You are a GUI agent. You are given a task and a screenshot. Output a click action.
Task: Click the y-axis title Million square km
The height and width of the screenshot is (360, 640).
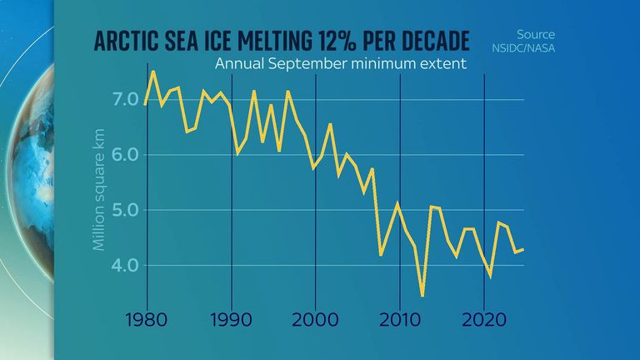click(x=99, y=195)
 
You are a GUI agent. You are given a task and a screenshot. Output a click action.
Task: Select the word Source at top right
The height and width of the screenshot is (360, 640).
click(x=536, y=35)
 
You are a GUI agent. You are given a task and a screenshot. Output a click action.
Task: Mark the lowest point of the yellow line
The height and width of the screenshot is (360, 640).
click(x=423, y=296)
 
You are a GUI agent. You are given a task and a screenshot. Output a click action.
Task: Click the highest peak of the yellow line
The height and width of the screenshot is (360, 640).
click(x=152, y=72)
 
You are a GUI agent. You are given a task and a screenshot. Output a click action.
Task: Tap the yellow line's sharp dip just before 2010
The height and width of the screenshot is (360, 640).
click(x=381, y=254)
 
